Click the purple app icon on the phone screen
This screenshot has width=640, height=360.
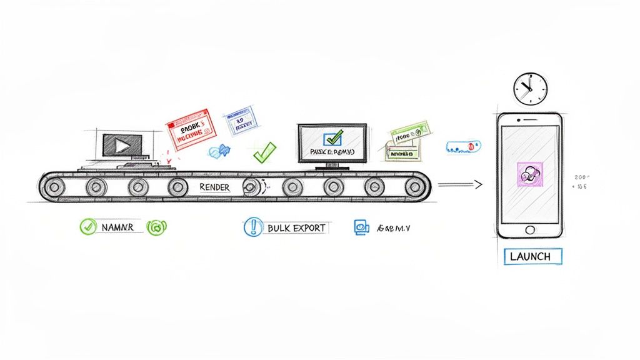531,173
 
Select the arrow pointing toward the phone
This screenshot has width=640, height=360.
461,184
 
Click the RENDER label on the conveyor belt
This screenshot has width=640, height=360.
214,187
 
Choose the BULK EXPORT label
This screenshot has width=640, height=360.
296,227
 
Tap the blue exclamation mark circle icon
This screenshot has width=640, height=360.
252,227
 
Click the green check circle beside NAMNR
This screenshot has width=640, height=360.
87,227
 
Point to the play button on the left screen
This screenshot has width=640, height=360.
121,146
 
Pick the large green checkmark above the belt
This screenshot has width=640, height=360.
264,152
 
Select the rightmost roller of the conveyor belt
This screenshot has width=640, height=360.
413,186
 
